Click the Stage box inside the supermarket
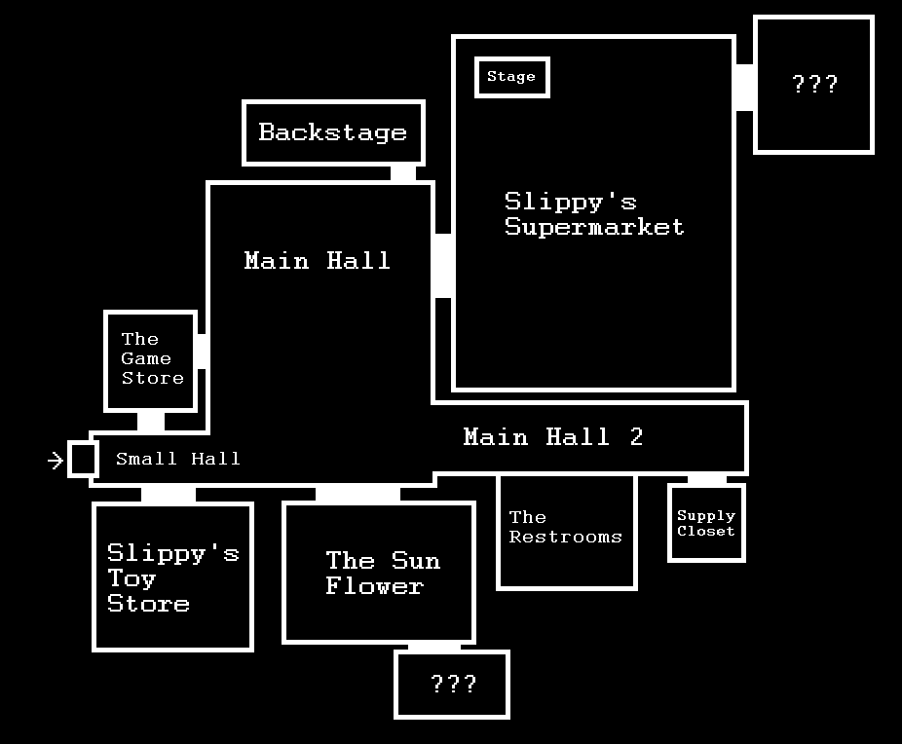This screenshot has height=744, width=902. point(512,77)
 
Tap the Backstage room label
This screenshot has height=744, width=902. point(333,132)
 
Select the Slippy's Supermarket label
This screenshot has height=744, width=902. point(594,214)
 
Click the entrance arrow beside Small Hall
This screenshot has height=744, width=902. point(56,460)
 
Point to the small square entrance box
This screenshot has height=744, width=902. point(83,459)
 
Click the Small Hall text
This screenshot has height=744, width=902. point(178,459)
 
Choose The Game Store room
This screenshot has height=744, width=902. point(151,359)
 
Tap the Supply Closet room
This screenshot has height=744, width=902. point(706,523)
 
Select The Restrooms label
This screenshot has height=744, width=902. point(565,527)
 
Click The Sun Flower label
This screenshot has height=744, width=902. point(382,573)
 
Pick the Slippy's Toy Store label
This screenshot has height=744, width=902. point(172,578)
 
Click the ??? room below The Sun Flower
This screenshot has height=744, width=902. point(452,684)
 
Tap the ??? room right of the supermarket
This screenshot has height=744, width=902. point(814,85)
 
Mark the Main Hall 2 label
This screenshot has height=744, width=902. point(552,436)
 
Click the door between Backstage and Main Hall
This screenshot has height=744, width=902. point(402,173)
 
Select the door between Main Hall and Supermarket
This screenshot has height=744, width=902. point(443,266)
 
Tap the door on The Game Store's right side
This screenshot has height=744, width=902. point(202,351)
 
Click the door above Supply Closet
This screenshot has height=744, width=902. point(707,479)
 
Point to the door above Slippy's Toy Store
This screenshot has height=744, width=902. point(168,495)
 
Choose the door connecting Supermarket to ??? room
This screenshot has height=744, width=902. point(745,88)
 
